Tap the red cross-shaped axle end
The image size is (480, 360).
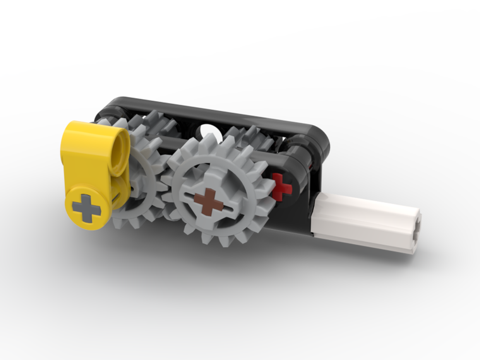coord(281,187)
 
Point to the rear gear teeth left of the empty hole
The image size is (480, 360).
coord(158,122)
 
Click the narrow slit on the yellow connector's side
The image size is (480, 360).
coord(117,196)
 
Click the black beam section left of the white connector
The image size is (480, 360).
coord(293,216)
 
